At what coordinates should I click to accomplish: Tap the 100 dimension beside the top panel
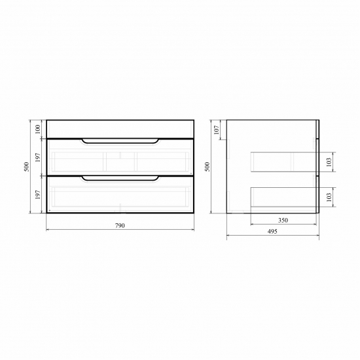click(39, 128)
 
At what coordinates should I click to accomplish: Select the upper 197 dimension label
click(39, 157)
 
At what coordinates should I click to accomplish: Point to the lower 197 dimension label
click(39, 194)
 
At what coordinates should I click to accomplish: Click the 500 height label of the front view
click(27, 166)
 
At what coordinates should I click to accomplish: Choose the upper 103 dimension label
click(330, 161)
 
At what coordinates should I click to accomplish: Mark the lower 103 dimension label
click(330, 196)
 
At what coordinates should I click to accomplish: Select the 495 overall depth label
click(272, 232)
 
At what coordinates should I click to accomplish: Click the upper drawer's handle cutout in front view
click(120, 141)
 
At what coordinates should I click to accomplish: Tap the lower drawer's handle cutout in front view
click(120, 178)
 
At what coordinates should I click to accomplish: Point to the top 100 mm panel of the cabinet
click(120, 128)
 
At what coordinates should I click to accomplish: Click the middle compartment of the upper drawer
click(120, 161)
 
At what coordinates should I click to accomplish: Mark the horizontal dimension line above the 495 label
click(272, 238)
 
